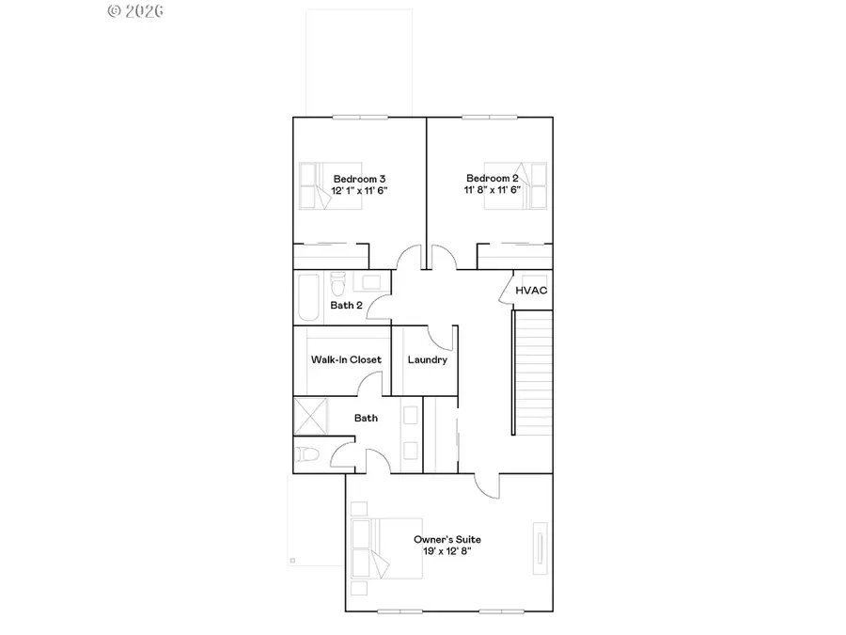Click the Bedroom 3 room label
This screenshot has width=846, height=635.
360,179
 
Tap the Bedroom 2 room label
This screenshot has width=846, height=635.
493,179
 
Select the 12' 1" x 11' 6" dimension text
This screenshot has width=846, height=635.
360,190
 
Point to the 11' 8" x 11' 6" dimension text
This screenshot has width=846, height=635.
493,190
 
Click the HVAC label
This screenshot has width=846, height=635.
531,291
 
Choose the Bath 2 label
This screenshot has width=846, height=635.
346,305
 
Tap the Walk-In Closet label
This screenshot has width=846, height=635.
346,360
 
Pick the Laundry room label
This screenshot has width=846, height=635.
428,360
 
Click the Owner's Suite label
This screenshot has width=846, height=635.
447,539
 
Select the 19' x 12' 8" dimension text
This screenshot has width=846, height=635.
447,551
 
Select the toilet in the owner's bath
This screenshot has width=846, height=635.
307,455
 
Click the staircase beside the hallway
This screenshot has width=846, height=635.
533,373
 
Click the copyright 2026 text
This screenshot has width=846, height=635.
135,11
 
